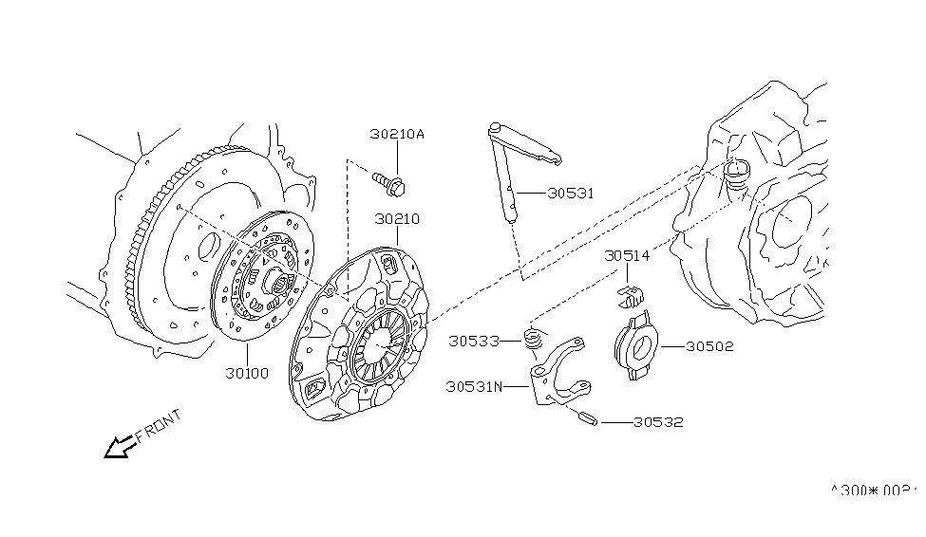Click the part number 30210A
coord(397,135)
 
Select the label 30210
coord(396,219)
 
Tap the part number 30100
coord(248,374)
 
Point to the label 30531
coord(570,193)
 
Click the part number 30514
coord(627,255)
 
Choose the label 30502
coord(708,347)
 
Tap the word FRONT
coord(159,425)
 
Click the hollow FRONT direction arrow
coord(120,445)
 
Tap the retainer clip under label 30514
coord(629,290)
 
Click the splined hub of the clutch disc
coord(277,278)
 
